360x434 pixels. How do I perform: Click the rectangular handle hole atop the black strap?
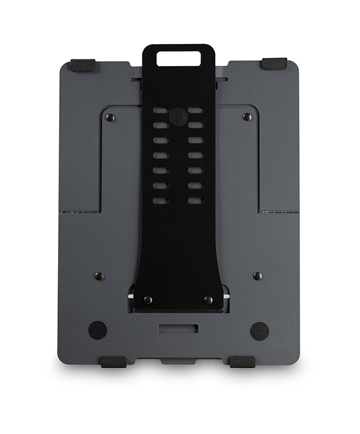(x=178, y=58)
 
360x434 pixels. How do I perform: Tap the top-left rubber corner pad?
(x=83, y=65)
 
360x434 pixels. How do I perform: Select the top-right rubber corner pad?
(x=274, y=63)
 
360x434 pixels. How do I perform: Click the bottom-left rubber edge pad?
(x=113, y=361)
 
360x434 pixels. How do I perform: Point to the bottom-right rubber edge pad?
(x=242, y=361)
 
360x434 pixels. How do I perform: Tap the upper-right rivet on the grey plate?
(x=247, y=117)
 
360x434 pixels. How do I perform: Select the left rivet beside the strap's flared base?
(x=99, y=276)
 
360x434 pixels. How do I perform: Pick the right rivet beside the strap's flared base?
(x=257, y=276)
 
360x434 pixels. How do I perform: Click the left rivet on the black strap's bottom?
(x=148, y=300)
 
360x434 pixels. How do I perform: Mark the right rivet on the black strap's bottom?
(x=208, y=300)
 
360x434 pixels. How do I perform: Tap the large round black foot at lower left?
(x=97, y=330)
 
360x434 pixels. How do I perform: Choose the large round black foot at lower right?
(x=259, y=331)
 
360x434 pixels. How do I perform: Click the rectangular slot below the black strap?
(x=178, y=328)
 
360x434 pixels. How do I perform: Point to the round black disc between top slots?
(x=178, y=116)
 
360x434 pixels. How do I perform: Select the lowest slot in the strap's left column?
(x=161, y=201)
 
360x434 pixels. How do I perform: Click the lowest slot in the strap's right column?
(x=195, y=201)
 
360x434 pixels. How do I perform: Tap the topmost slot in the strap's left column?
(x=161, y=110)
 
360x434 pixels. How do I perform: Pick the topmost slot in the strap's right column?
(x=195, y=110)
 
